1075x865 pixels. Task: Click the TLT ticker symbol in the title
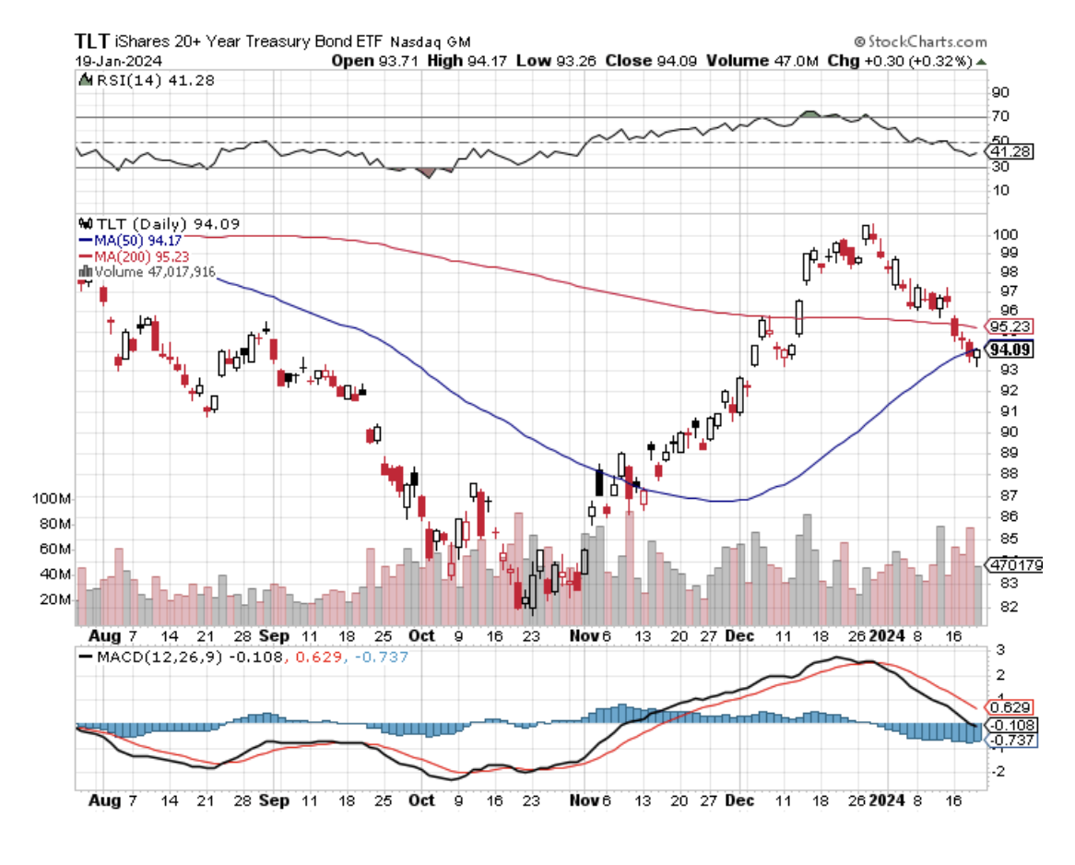click(x=91, y=41)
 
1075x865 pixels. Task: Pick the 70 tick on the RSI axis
click(x=999, y=116)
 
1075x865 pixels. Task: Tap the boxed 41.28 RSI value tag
click(x=1009, y=150)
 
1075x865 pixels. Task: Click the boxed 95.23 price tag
click(x=1009, y=326)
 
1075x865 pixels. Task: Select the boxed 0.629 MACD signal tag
click(x=1009, y=707)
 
